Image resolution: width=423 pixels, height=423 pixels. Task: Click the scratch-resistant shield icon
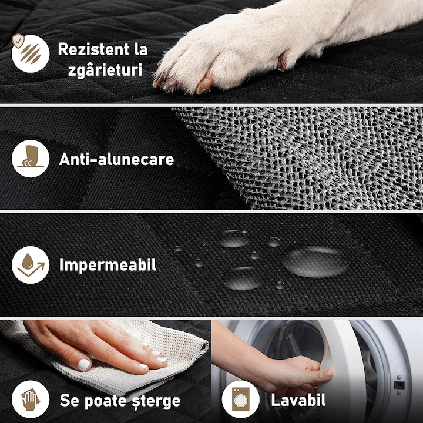(29, 53)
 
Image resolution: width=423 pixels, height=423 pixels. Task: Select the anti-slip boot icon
(29, 159)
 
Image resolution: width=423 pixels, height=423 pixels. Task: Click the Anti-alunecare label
(116, 159)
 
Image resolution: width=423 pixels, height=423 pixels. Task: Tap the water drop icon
(29, 265)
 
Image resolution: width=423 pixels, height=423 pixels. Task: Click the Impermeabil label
(108, 265)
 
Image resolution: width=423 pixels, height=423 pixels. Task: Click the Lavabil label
(298, 401)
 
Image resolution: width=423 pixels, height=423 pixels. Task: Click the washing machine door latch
(399, 385)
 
